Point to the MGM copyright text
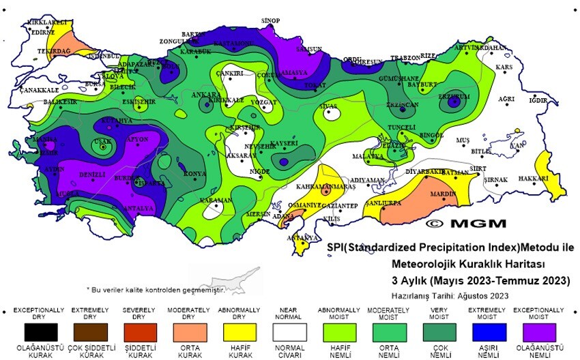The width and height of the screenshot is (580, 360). coord(466,223)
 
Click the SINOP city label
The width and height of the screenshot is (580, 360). coord(270,21)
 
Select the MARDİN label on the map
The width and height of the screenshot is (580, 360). coord(444,194)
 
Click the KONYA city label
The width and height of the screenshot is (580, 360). coord(194,174)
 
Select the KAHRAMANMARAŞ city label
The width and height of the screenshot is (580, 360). coord(326,186)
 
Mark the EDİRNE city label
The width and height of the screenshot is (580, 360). coord(41,31)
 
